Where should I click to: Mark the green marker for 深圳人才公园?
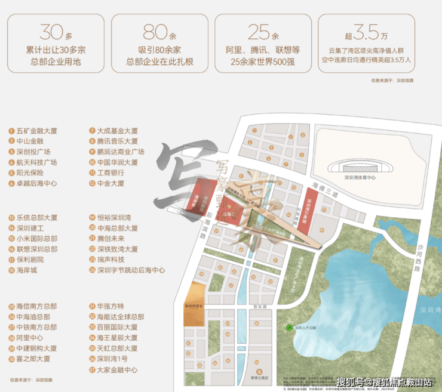281,327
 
